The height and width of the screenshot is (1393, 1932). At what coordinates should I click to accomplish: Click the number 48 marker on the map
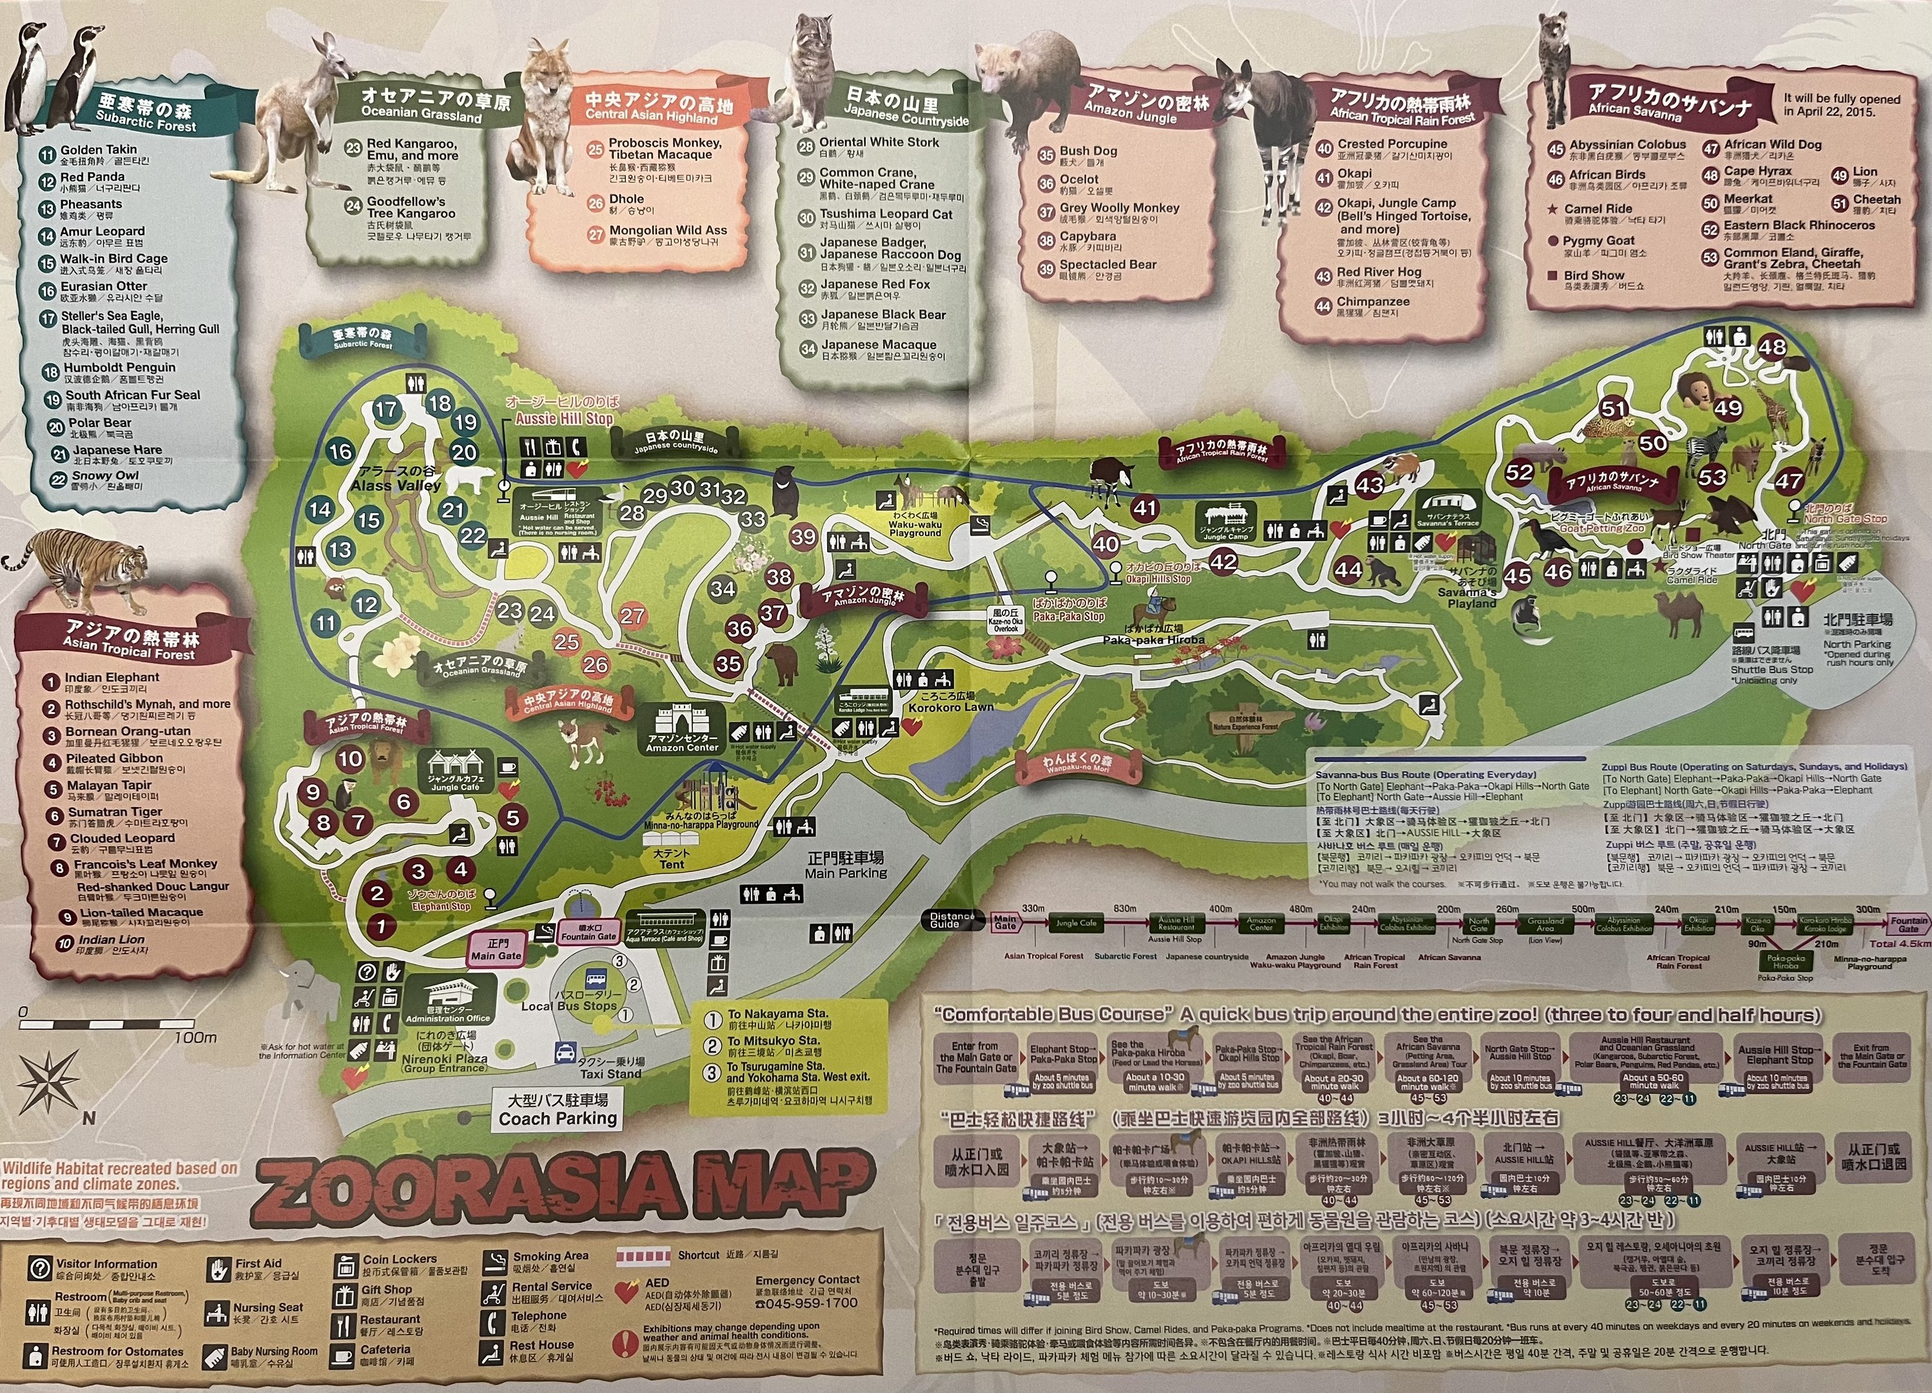(1772, 347)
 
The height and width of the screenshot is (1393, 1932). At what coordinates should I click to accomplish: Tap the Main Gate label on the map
(496, 949)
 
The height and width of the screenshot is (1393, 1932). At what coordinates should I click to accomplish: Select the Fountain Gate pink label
(588, 932)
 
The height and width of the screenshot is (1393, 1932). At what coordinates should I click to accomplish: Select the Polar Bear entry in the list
(101, 422)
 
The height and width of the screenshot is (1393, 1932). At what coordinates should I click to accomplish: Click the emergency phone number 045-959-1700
(806, 1303)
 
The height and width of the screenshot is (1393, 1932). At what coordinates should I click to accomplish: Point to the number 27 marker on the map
(632, 616)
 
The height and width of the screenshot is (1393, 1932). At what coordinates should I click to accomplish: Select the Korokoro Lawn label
(951, 706)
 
